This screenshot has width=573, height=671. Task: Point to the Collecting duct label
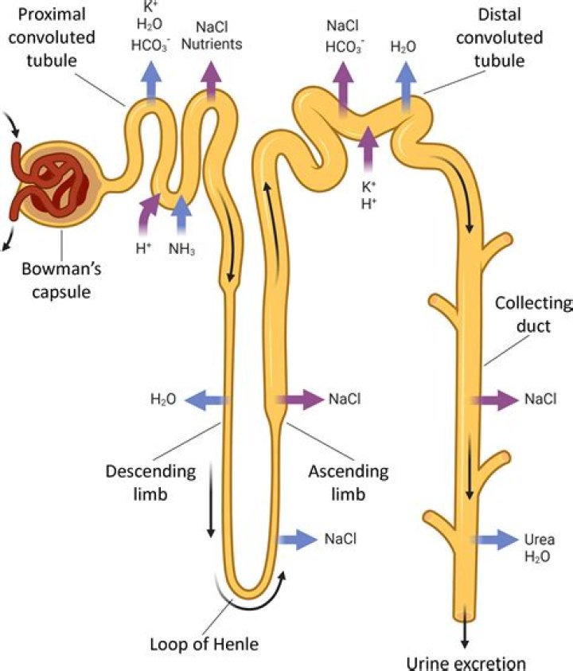point(532,314)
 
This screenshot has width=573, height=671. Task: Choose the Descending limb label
point(150,482)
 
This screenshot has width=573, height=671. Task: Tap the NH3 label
point(182,248)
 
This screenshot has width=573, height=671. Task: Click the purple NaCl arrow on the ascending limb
point(299,399)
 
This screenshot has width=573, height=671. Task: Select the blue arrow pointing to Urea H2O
point(494,539)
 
